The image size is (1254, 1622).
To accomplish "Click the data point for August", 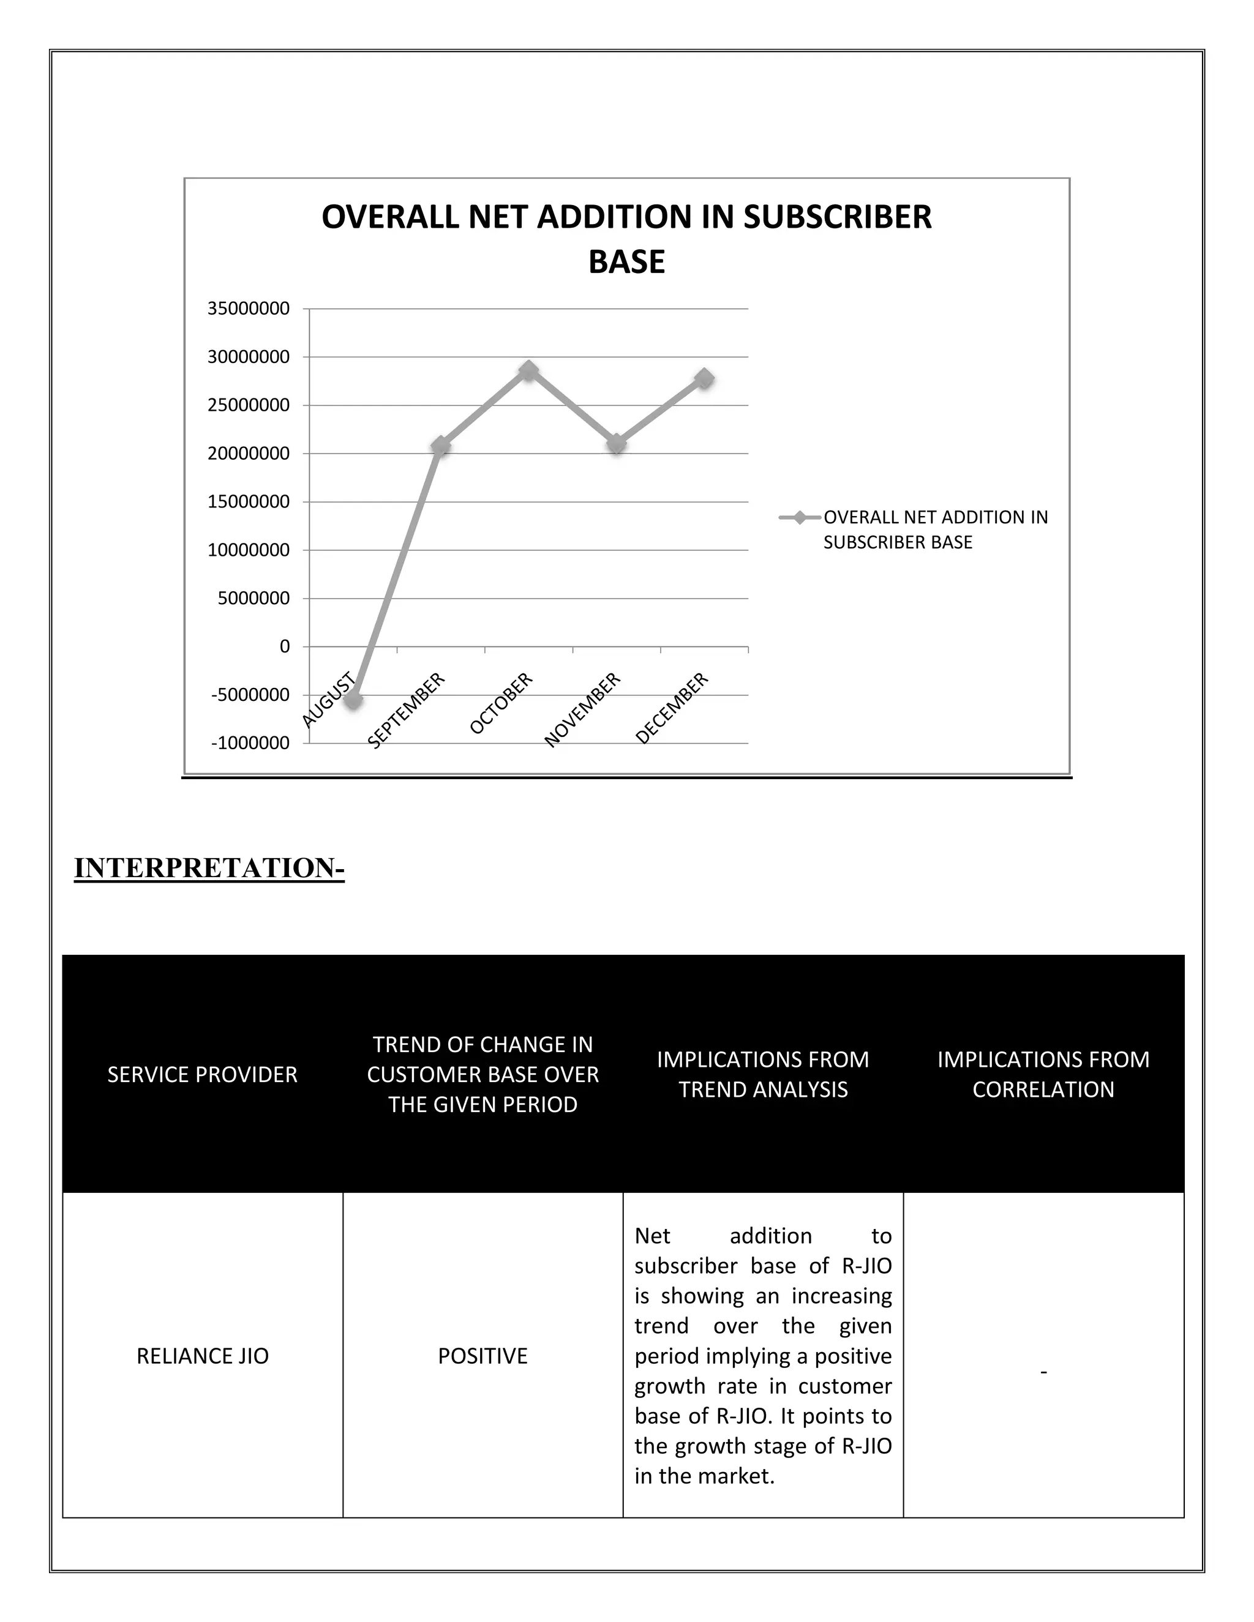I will coord(354,700).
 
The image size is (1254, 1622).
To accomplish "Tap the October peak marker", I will coord(529,370).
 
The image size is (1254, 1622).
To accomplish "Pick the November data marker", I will coord(617,443).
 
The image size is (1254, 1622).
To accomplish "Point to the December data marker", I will coord(704,378).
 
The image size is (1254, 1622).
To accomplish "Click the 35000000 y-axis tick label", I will coord(248,309).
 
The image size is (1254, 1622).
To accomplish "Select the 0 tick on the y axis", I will coord(285,647).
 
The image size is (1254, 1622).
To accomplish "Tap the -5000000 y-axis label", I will coord(250,695).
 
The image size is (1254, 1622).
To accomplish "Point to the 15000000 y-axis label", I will coord(248,502).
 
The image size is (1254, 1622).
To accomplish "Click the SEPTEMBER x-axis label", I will coord(407,709).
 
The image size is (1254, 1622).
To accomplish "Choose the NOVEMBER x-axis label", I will coord(582,709).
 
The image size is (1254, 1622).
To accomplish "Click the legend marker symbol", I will coord(799,518).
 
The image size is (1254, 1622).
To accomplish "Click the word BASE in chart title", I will coord(626,261).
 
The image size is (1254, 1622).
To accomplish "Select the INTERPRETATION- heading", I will coord(209,867).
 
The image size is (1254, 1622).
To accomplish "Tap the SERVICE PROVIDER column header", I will coord(202,1074).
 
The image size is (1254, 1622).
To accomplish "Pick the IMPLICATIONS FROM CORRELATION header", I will coord(1043,1074).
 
